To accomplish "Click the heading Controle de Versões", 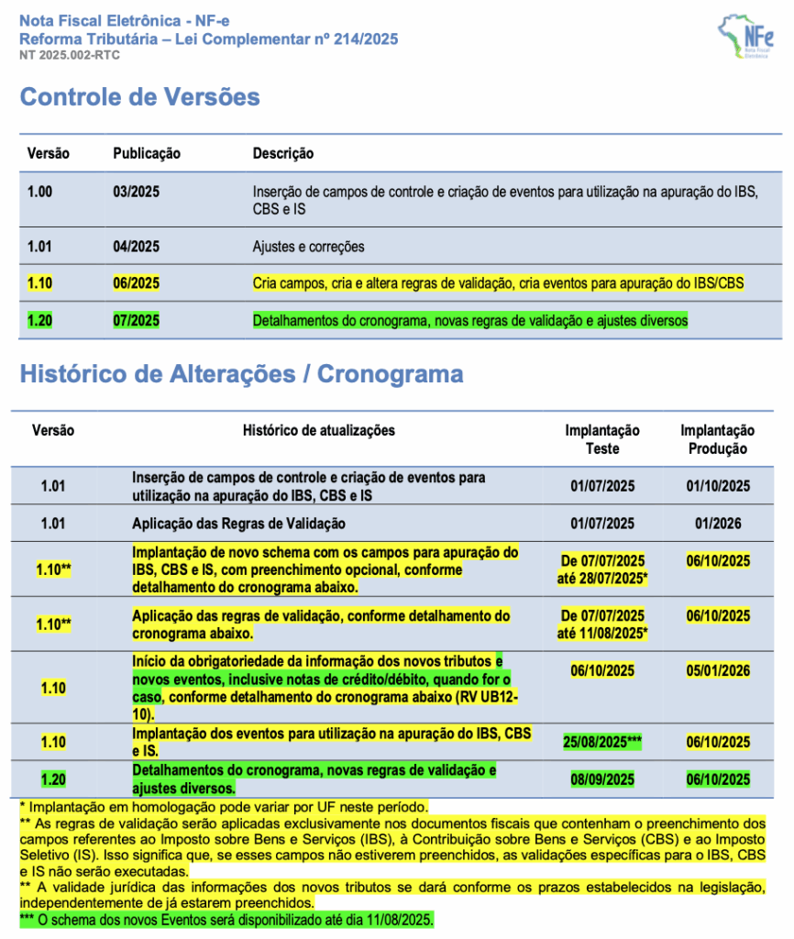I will [140, 97].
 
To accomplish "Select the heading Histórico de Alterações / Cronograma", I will [241, 374].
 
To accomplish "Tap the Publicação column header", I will [147, 153].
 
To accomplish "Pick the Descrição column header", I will [283, 153].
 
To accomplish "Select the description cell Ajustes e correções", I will [309, 247].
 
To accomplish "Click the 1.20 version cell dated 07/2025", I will [39, 320].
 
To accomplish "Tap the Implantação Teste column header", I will [602, 439].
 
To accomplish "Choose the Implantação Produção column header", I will [717, 439].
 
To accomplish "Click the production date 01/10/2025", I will [718, 486].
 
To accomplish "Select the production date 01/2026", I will [718, 524].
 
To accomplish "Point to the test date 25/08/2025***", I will [602, 742].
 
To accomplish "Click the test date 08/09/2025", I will [602, 779].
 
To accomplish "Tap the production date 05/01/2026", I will [718, 670].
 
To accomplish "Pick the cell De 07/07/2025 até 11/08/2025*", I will [602, 624].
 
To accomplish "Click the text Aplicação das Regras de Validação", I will [238, 524].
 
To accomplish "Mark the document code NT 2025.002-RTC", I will [70, 55].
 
